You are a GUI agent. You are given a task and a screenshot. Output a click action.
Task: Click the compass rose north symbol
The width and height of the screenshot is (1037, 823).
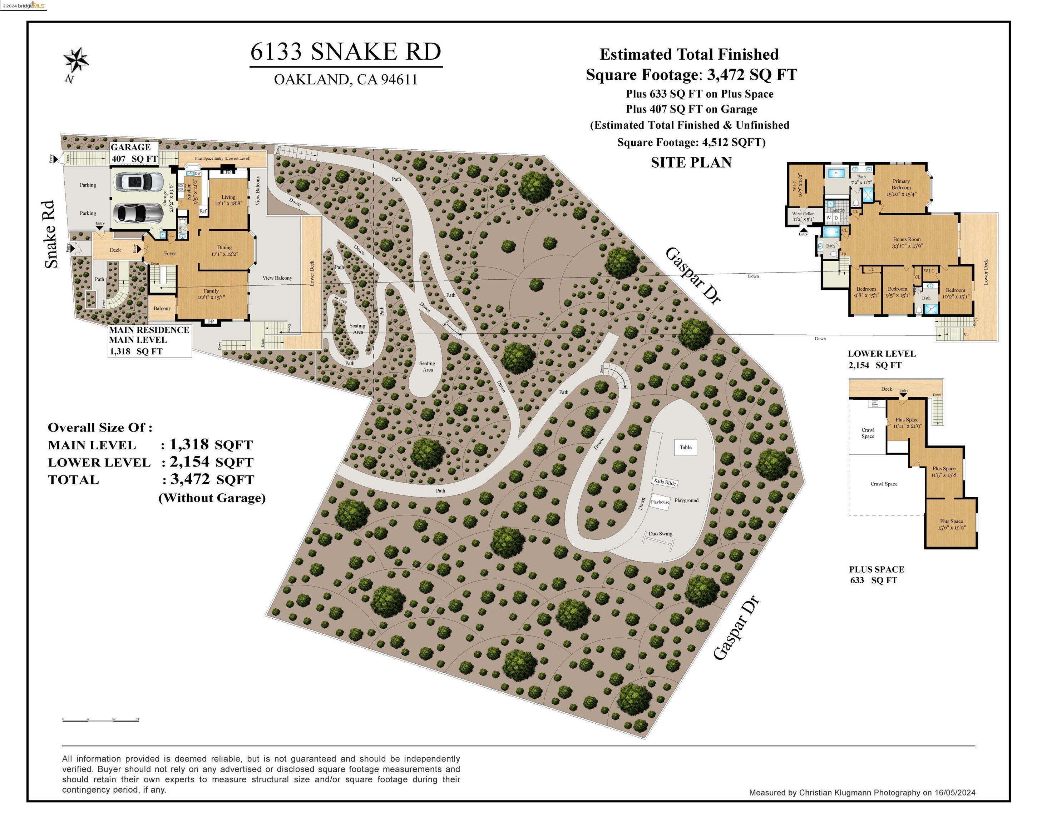[76, 61]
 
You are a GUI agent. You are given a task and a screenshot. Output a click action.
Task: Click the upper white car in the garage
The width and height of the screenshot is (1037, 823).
[137, 182]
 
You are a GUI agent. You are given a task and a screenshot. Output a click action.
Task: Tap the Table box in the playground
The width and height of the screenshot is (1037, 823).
[685, 448]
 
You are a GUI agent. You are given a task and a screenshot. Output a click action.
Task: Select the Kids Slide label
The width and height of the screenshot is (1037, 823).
[665, 482]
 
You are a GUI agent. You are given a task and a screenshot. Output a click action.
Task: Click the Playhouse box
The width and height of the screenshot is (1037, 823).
[660, 502]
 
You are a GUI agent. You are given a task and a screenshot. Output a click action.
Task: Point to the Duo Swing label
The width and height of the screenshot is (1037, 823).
[660, 534]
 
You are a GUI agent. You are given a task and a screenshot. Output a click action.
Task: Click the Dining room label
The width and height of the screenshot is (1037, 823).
[224, 248]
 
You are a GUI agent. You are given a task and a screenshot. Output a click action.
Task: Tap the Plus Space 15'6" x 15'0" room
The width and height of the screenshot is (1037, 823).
[951, 524]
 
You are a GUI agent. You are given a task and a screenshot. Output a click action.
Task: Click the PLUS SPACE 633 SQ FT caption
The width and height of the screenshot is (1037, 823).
[876, 574]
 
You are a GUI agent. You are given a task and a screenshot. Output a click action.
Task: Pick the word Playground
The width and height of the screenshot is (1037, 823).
[686, 500]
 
